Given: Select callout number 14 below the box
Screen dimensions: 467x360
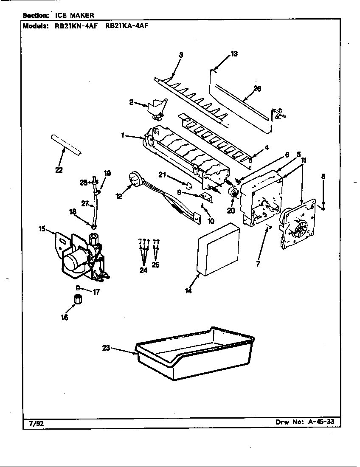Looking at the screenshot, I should pos(188,291).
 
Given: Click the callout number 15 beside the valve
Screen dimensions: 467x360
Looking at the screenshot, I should pos(42,230).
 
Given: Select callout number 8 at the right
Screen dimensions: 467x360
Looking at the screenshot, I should pos(323,176).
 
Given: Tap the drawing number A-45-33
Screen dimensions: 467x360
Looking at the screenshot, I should pos(323,422).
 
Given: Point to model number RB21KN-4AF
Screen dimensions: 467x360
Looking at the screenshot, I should pos(76,25).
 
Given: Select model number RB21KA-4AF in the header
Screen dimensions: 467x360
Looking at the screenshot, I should pos(126,25).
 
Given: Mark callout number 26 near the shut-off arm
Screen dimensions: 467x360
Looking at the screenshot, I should pos(257,88).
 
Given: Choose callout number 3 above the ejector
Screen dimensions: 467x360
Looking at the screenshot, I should pos(181,54).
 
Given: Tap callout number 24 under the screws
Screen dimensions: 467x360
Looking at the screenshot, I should pos(143,270).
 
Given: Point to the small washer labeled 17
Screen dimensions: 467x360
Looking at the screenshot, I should pos(79,290).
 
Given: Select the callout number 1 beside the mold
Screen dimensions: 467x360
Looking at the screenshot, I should pos(122,135).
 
